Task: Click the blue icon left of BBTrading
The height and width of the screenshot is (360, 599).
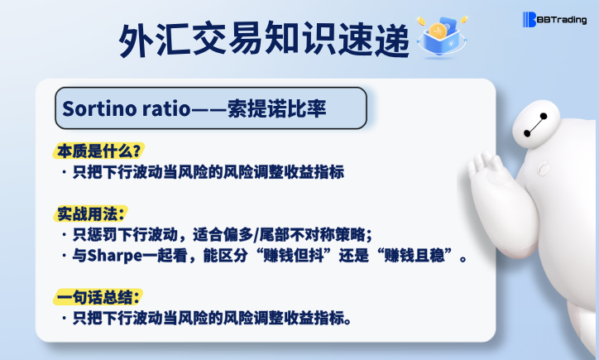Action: coord(530,19)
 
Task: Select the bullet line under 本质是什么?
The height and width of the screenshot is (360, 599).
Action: coord(202,172)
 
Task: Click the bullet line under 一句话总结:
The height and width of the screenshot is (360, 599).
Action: coord(207,318)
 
